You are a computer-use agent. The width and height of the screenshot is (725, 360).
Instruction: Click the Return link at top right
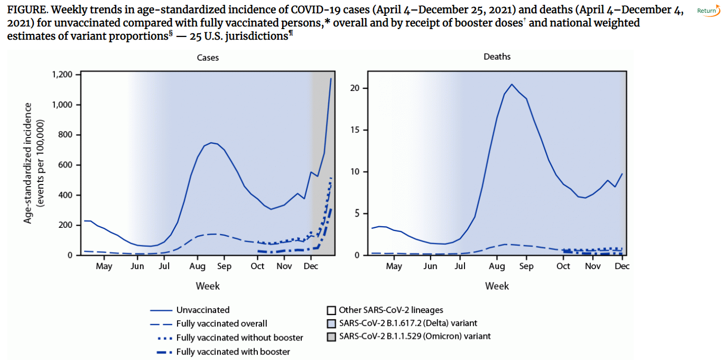coord(707,11)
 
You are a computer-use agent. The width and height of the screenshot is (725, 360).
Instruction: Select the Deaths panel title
coord(497,57)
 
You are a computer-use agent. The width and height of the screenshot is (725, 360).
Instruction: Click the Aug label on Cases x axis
coord(198,266)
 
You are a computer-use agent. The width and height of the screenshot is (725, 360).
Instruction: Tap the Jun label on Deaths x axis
coord(431,266)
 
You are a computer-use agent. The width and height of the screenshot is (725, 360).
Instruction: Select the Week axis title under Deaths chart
coord(497,286)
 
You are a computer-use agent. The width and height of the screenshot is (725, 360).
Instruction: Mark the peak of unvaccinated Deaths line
coord(512,84)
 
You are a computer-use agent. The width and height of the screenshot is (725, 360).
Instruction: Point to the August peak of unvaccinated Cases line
coord(211,142)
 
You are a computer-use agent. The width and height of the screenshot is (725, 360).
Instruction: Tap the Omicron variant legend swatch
coord(331,336)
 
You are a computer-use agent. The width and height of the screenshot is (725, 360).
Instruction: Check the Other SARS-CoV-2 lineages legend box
coord(331,310)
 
